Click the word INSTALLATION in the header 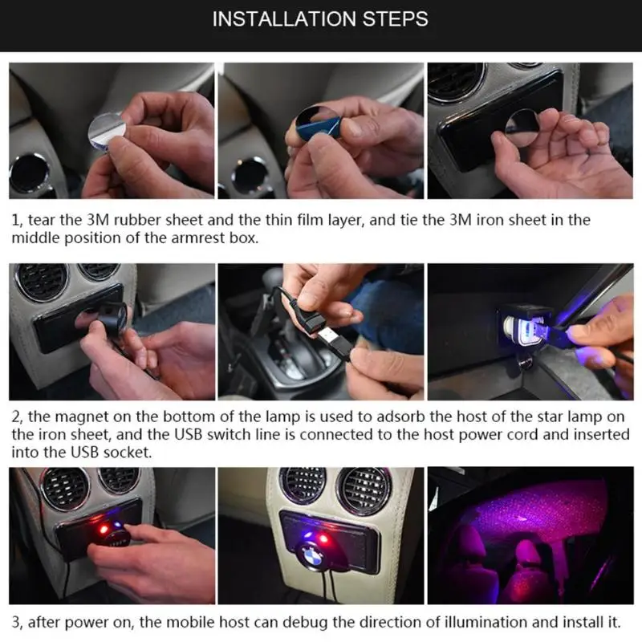click(x=284, y=19)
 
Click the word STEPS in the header click(x=396, y=19)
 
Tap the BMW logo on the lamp click(x=313, y=556)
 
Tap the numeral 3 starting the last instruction click(x=15, y=623)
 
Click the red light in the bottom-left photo click(x=104, y=530)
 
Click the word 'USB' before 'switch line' click(x=189, y=434)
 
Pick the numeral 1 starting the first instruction click(x=15, y=220)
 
